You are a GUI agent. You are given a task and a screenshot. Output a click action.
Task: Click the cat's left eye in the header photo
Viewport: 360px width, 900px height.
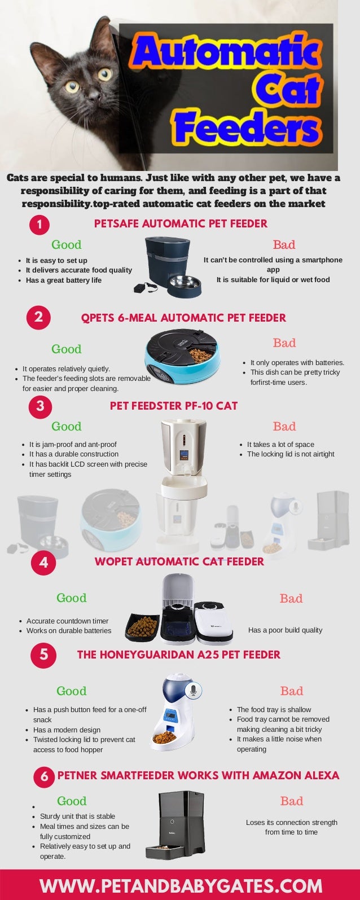pyautogui.click(x=105, y=74)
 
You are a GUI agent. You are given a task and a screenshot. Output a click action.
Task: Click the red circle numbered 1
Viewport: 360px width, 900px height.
pyautogui.click(x=39, y=225)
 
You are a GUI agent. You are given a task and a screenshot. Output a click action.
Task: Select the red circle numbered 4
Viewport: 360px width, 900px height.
pyautogui.click(x=43, y=563)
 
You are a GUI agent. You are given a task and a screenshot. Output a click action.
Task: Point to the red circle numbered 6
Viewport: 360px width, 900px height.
pyautogui.click(x=44, y=777)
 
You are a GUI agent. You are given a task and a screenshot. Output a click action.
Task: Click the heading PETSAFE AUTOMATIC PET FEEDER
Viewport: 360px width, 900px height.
pyautogui.click(x=181, y=223)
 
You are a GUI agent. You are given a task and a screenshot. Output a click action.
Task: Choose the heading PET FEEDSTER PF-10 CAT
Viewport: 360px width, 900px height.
pyautogui.click(x=173, y=406)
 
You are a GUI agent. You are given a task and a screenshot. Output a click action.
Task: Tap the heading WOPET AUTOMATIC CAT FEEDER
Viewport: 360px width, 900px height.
pyautogui.click(x=179, y=561)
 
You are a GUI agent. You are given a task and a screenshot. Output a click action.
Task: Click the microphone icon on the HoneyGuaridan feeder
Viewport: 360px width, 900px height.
pyautogui.click(x=193, y=690)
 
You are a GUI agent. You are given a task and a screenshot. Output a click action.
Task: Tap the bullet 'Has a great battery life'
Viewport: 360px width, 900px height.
pyautogui.click(x=64, y=280)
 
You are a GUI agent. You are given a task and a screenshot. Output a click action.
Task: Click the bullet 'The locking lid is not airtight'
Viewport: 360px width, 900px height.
pyautogui.click(x=291, y=454)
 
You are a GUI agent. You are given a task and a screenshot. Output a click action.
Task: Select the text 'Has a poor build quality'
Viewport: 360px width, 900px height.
pyautogui.click(x=285, y=630)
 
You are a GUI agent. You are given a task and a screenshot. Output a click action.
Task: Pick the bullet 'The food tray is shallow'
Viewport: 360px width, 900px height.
pyautogui.click(x=274, y=710)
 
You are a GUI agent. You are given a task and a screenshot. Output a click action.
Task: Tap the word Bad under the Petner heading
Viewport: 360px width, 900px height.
pyautogui.click(x=292, y=801)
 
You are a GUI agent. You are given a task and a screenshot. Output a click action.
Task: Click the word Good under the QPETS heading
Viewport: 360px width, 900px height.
pyautogui.click(x=67, y=349)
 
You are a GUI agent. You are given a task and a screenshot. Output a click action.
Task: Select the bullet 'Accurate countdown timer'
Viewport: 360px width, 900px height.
pyautogui.click(x=67, y=621)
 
